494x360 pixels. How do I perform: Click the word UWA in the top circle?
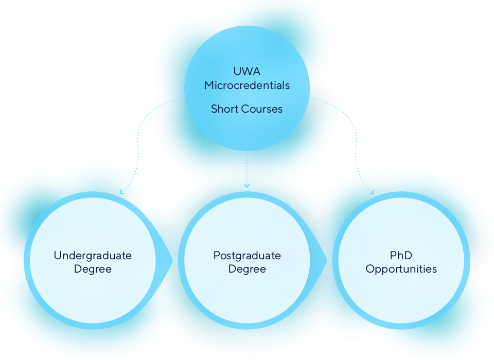pyautogui.click(x=247, y=71)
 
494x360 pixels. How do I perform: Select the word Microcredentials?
pyautogui.click(x=247, y=85)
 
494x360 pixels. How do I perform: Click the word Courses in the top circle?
pyautogui.click(x=263, y=109)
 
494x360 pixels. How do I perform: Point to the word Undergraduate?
pyautogui.click(x=93, y=256)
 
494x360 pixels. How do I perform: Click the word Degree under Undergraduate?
pyautogui.click(x=93, y=269)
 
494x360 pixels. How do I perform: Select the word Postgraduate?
pyautogui.click(x=247, y=256)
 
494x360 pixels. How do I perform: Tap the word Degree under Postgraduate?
pyautogui.click(x=247, y=269)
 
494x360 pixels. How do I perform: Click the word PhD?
pyautogui.click(x=401, y=256)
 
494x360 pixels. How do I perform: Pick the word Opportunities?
pyautogui.click(x=401, y=269)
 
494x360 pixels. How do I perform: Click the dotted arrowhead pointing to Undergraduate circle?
pyautogui.click(x=122, y=192)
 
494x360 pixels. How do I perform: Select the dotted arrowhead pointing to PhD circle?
pyautogui.click(x=372, y=192)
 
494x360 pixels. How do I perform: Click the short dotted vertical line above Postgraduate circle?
pyautogui.click(x=247, y=167)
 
